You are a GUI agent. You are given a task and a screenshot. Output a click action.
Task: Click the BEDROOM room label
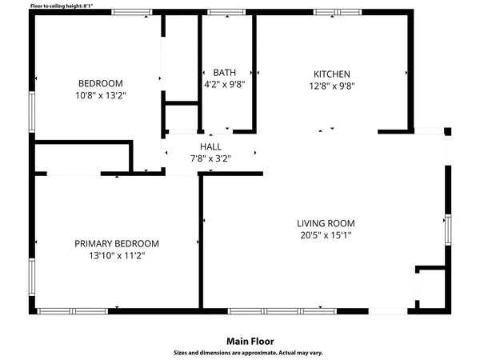pos(100,83)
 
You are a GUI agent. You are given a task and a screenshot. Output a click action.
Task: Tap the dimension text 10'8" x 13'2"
pos(100,94)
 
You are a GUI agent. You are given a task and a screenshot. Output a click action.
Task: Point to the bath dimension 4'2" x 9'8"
pos(224,84)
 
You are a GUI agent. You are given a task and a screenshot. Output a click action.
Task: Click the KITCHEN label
pos(331,74)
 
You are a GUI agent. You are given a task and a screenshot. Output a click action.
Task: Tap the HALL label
pos(210,146)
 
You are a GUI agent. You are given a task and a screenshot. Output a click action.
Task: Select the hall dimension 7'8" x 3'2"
pos(210,158)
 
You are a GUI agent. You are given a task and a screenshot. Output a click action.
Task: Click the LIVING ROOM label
pos(326,223)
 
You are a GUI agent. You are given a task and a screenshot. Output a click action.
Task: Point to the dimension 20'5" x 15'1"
pos(326,235)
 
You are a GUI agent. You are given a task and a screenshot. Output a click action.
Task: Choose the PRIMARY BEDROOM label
pos(117,244)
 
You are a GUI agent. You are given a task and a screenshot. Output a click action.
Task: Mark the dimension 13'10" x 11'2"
pos(117,256)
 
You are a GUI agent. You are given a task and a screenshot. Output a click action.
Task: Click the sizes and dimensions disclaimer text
pos(249,352)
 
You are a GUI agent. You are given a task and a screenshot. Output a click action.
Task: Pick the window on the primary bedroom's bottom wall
pos(62,310)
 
